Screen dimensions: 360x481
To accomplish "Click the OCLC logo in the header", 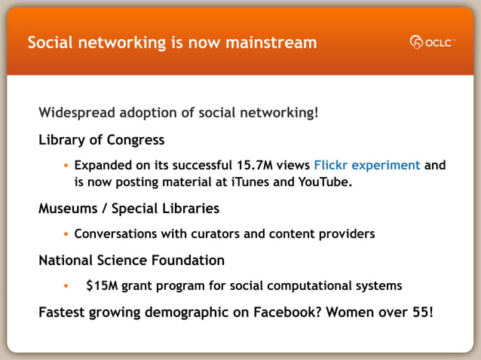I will coord(433,42).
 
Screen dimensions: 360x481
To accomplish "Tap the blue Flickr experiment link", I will coord(366,165).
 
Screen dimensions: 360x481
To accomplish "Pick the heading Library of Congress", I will coord(101,140).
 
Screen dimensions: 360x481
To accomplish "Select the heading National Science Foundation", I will coord(131,261).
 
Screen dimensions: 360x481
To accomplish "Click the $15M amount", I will coord(102,285).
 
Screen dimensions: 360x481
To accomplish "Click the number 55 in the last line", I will coord(422,311).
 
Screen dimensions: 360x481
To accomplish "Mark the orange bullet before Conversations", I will coord(66,234).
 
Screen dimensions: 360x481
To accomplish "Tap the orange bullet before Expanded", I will coord(66,166).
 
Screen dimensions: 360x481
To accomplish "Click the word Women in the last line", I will coord(352,311).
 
